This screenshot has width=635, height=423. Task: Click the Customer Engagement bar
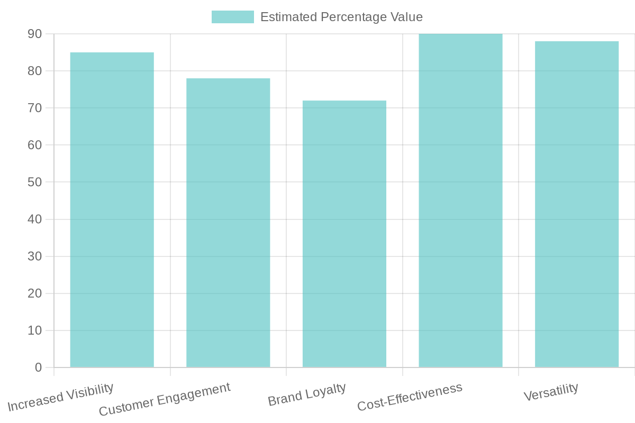click(x=228, y=223)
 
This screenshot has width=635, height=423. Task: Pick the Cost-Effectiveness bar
click(x=460, y=200)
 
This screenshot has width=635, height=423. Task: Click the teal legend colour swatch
click(x=232, y=17)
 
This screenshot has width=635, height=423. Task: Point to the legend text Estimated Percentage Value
click(x=341, y=17)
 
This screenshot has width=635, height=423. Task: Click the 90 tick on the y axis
click(x=34, y=34)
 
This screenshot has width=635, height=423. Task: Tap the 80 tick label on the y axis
click(x=34, y=71)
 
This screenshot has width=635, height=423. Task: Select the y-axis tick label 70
click(x=34, y=108)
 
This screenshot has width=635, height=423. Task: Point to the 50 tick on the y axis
click(x=34, y=182)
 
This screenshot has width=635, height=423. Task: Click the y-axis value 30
click(x=34, y=256)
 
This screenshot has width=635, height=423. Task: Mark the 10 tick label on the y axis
click(x=34, y=330)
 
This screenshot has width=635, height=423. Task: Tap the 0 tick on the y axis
click(x=38, y=367)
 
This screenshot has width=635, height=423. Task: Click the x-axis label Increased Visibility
click(x=61, y=397)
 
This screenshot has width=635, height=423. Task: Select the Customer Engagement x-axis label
click(x=165, y=399)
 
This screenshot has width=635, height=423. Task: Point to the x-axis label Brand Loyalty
click(x=307, y=394)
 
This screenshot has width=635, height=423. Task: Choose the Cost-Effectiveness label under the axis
click(x=410, y=397)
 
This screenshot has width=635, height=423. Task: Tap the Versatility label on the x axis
click(x=551, y=392)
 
